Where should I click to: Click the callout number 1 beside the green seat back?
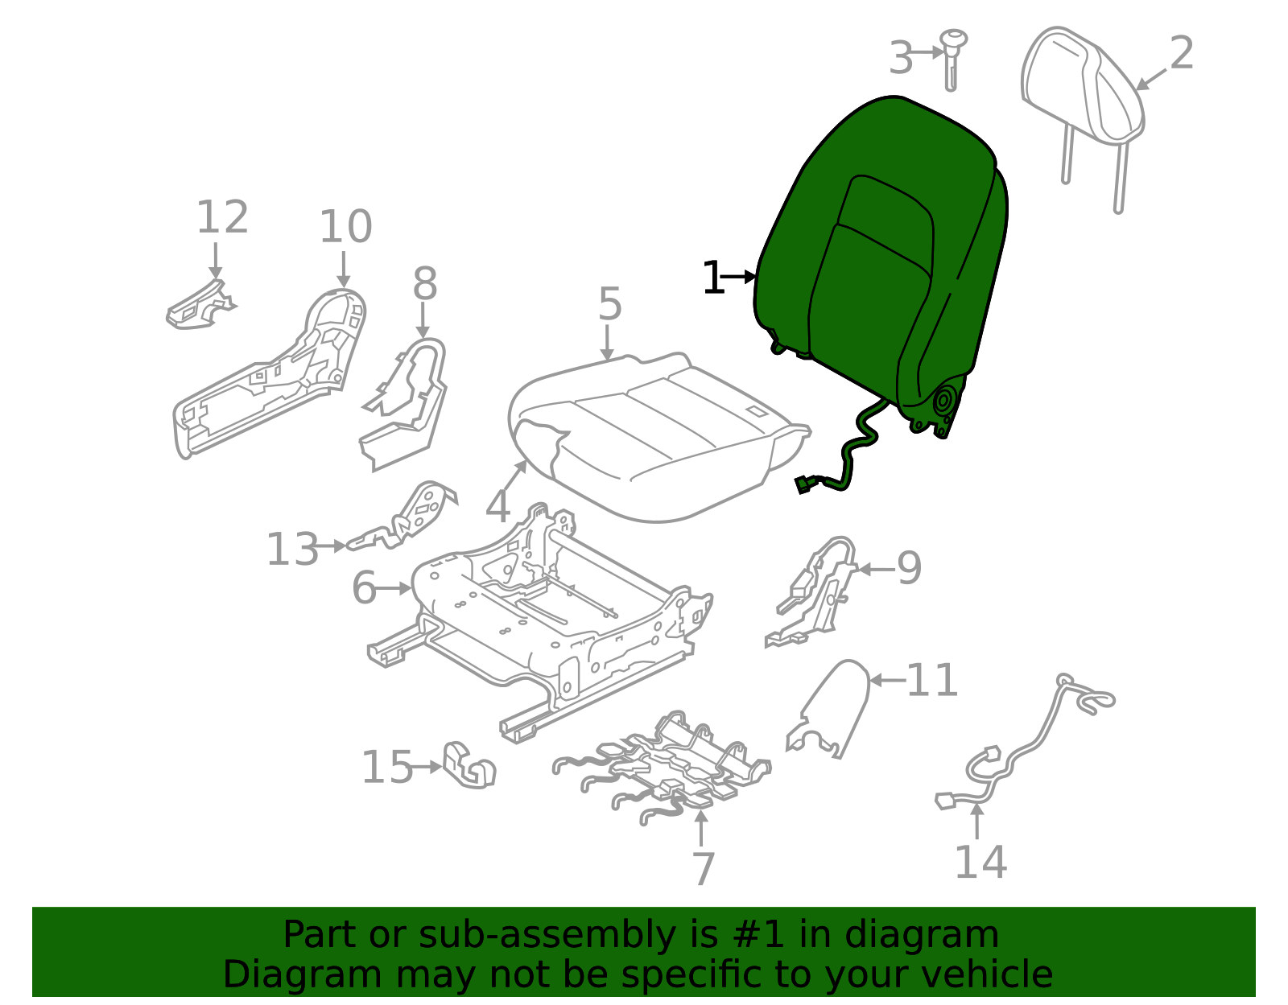point(712,278)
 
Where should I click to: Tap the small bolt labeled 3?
point(953,56)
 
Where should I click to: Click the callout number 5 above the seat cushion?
point(610,305)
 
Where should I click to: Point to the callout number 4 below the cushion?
point(498,507)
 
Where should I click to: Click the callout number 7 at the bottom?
point(703,869)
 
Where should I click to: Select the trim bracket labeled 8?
point(411,402)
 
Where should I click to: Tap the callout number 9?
point(909,569)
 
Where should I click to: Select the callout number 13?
point(293,550)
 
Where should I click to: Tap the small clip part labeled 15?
point(469,764)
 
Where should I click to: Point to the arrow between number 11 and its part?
point(888,680)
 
